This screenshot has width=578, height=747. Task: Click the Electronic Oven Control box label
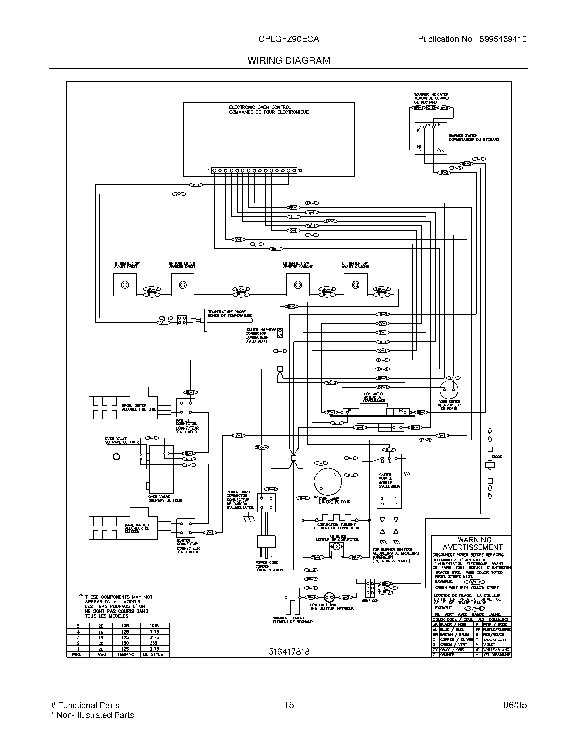click(x=269, y=109)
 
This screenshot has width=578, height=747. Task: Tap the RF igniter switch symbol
click(x=125, y=285)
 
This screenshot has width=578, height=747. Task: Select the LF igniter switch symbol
click(x=355, y=285)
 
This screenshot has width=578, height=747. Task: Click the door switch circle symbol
click(x=448, y=390)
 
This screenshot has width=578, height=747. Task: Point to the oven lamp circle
click(x=328, y=481)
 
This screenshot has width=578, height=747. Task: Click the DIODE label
click(x=497, y=457)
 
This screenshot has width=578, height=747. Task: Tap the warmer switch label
click(x=474, y=138)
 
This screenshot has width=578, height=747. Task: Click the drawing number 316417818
click(x=289, y=652)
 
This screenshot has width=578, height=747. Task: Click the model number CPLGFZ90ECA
click(x=289, y=39)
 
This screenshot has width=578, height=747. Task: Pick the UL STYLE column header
click(x=154, y=654)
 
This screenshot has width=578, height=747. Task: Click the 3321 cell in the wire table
click(x=154, y=643)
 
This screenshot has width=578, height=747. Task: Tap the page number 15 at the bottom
click(x=289, y=705)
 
